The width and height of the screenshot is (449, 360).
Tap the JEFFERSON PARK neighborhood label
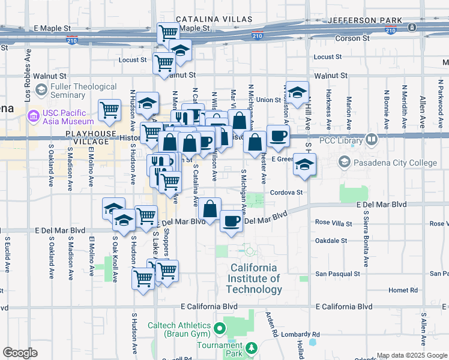(x=365, y=20)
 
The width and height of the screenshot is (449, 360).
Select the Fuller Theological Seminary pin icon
(x=41, y=91)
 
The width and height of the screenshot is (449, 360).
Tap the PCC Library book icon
(x=372, y=140)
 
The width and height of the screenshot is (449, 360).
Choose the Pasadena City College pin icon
(x=344, y=161)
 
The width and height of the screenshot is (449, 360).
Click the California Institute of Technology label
(x=255, y=278)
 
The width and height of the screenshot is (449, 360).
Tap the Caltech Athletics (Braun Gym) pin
(x=219, y=329)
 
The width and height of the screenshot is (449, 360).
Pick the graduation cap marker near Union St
(x=297, y=92)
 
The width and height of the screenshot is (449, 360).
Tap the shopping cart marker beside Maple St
(x=168, y=32)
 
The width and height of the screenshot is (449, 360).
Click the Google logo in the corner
(x=19, y=353)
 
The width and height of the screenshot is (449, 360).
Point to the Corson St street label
(x=353, y=38)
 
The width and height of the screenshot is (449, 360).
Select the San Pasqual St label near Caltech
(x=338, y=274)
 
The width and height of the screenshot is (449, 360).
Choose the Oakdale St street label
(x=331, y=240)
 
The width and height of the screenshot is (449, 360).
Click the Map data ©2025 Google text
(x=411, y=355)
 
